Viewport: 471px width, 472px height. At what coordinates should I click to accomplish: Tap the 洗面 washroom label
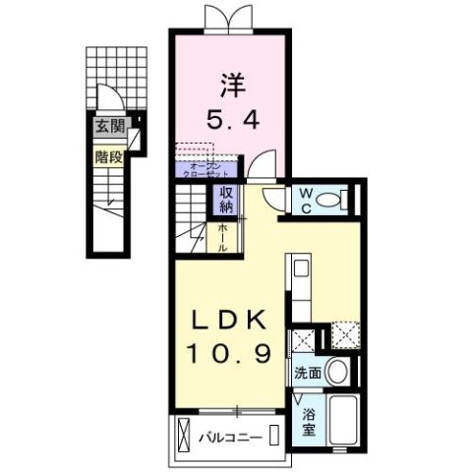(x=306, y=374)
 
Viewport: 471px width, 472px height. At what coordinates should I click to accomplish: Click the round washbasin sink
(x=336, y=373)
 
